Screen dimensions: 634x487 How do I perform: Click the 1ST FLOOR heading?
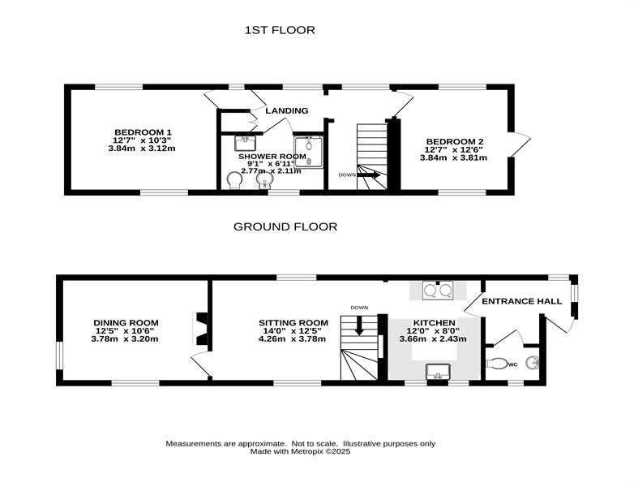(x=280, y=30)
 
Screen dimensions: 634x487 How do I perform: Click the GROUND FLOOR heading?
(x=285, y=226)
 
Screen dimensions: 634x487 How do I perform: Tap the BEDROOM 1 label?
(x=144, y=132)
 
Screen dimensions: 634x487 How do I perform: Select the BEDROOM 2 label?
(x=455, y=142)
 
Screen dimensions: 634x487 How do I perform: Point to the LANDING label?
(x=287, y=110)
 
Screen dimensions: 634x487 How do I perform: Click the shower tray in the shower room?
(x=309, y=152)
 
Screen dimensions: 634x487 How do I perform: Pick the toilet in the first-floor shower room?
(x=234, y=180)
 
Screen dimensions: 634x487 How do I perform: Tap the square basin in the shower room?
(x=245, y=143)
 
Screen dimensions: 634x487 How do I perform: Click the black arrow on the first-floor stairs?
(x=368, y=175)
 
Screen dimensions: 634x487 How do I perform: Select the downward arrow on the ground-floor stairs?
(x=359, y=326)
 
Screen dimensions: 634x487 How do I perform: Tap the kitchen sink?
(x=439, y=371)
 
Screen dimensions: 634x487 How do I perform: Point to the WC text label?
(x=512, y=364)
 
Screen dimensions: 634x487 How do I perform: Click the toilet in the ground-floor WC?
(x=496, y=363)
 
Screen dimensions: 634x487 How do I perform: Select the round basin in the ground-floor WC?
(x=532, y=363)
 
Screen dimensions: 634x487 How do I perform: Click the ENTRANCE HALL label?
(x=522, y=301)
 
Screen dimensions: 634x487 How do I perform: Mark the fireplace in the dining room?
(x=201, y=328)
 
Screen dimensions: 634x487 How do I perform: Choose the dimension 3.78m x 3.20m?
(x=125, y=338)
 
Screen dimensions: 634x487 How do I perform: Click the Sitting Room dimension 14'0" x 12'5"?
(x=293, y=330)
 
